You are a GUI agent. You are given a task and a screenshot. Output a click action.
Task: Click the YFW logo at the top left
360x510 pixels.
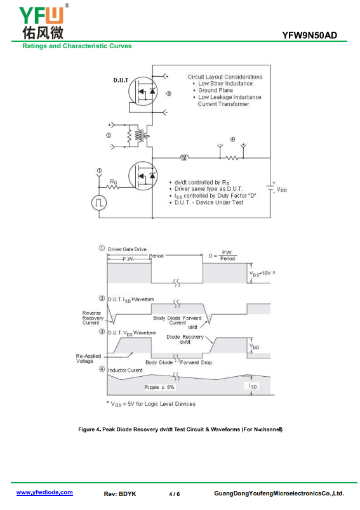(x=43, y=22)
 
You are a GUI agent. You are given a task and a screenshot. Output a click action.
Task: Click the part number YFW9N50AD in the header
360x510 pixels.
(x=309, y=35)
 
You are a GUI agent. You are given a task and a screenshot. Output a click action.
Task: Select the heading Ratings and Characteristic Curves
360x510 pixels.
(x=77, y=46)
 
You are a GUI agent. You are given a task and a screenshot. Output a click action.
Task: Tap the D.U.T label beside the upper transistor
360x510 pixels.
(x=121, y=80)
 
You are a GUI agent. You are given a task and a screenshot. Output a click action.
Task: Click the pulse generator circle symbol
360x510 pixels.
(x=99, y=203)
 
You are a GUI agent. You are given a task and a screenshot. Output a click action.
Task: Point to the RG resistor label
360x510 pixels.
(x=113, y=182)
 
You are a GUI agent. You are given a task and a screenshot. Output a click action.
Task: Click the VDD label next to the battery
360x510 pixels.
(x=281, y=190)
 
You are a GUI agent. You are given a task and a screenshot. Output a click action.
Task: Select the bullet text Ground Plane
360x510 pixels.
(x=215, y=90)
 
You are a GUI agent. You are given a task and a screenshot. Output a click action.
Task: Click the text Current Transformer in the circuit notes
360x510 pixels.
(x=223, y=104)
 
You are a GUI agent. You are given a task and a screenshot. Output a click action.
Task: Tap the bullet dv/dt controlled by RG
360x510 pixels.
(x=202, y=183)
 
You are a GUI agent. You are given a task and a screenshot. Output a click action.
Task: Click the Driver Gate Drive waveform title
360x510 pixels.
(x=127, y=249)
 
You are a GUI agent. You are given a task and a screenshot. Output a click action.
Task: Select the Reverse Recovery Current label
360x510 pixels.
(x=93, y=318)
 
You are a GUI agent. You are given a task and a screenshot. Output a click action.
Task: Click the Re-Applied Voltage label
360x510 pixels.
(x=88, y=358)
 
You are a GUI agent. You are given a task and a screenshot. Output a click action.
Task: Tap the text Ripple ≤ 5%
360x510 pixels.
(x=159, y=387)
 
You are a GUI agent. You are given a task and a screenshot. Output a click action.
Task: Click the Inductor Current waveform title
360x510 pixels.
(x=125, y=370)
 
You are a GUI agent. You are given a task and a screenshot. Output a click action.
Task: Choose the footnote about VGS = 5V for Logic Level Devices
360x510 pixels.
(x=151, y=404)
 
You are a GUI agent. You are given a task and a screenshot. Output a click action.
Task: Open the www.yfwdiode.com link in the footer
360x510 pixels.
(x=44, y=492)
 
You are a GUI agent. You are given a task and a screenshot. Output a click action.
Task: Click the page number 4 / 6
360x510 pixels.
(x=175, y=494)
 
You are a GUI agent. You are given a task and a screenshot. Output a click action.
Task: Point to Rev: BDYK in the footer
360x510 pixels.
(x=120, y=494)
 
